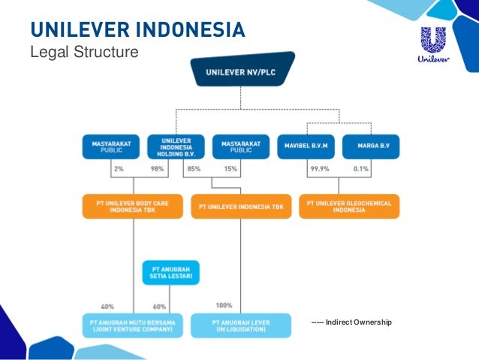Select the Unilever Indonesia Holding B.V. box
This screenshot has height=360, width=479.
tap(175, 146)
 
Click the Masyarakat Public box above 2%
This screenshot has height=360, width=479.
tap(110, 146)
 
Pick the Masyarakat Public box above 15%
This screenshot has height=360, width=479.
tap(239, 146)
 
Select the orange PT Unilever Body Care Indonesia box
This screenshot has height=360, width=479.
tap(133, 207)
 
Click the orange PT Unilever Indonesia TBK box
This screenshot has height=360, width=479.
tap(240, 206)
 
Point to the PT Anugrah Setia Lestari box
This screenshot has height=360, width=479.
tap(170, 272)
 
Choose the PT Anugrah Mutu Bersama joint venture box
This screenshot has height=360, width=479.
tap(133, 325)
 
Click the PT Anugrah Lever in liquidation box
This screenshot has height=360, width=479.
tap(239, 325)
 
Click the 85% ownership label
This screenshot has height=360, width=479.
tap(193, 169)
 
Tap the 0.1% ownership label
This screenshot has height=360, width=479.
tap(360, 169)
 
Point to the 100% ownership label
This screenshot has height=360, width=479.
tap(223, 305)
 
